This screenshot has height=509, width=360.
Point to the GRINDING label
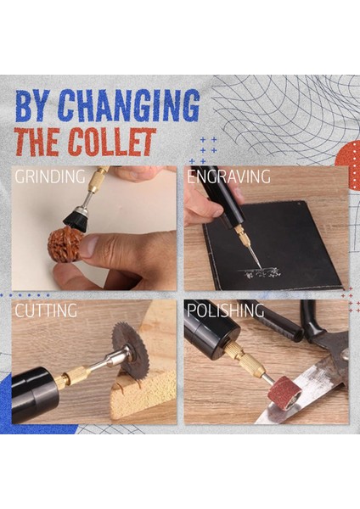tap(49, 178)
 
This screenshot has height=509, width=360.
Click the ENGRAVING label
tap(228, 178)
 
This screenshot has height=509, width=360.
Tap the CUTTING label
tap(46, 311)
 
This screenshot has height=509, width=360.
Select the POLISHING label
tap(224, 311)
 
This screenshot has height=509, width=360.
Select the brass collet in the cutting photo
tap(76, 377)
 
